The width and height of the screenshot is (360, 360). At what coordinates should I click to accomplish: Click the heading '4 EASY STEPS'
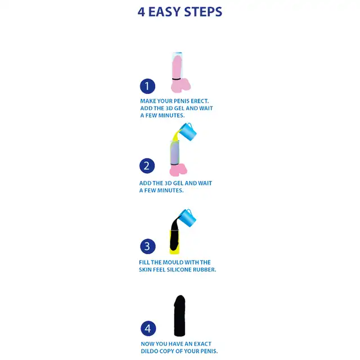click(180, 12)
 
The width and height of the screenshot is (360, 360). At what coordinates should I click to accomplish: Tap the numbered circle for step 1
click(147, 86)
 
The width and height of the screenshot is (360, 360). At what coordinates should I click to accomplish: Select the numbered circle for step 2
click(147, 166)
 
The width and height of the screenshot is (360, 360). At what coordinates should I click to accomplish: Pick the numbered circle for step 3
click(147, 246)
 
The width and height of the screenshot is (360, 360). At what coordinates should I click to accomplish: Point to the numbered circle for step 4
click(148, 328)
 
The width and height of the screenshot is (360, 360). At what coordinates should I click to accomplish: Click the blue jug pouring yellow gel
click(188, 132)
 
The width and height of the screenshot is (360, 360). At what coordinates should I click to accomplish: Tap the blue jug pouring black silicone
click(187, 218)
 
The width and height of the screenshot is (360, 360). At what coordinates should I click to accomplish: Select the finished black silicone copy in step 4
click(179, 316)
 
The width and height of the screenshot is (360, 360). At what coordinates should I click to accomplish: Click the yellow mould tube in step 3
click(174, 242)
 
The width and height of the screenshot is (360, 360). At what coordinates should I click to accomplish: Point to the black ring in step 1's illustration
click(176, 79)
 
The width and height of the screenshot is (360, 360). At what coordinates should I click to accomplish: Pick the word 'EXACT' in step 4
click(202, 344)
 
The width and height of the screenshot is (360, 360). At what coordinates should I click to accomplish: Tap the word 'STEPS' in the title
click(203, 12)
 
